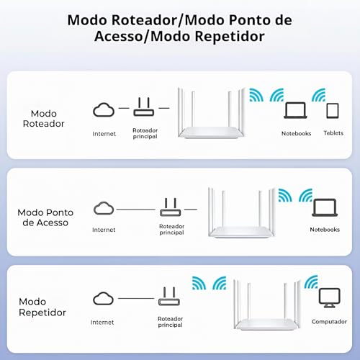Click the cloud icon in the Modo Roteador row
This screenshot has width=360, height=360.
coord(104,110)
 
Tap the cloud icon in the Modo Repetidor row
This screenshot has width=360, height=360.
coord(103,297)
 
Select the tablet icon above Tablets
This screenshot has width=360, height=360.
coord(332,110)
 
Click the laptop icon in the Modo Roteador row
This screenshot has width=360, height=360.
coord(296,110)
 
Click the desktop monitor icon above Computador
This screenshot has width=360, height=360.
coord(329,297)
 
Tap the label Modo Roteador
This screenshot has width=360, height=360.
coord(48,118)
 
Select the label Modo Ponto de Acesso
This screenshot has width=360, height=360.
coord(45,217)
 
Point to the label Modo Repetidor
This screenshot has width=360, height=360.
coord(42,307)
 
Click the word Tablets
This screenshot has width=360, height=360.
coord(333,133)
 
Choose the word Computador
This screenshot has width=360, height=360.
coord(329,322)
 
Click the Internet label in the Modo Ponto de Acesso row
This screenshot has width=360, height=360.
coord(103,230)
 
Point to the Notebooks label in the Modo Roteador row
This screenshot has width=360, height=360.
coord(296,133)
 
